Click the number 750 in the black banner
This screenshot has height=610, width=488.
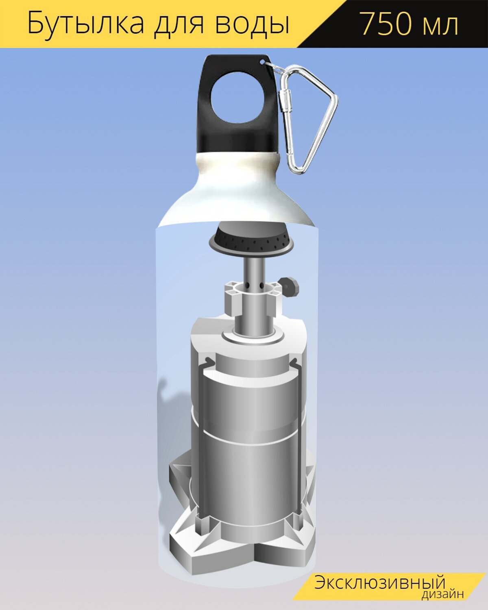pyautogui.click(x=386, y=24)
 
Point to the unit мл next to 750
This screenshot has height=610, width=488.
pyautogui.click(x=441, y=27)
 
